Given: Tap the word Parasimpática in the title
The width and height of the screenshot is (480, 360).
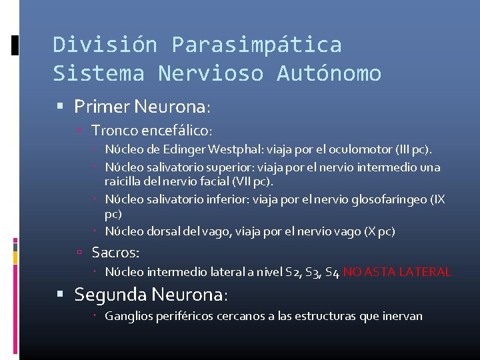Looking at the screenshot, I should [257, 45].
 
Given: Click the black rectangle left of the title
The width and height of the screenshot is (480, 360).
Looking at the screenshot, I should [15, 45].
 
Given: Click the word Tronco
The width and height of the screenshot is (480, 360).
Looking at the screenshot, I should [111, 131].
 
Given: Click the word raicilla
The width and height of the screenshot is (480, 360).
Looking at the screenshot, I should [125, 181].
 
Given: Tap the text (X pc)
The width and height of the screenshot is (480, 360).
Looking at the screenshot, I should [379, 232].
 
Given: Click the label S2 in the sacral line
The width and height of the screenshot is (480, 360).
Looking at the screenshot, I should [291, 272].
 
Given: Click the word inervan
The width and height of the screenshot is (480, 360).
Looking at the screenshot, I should [401, 316].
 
